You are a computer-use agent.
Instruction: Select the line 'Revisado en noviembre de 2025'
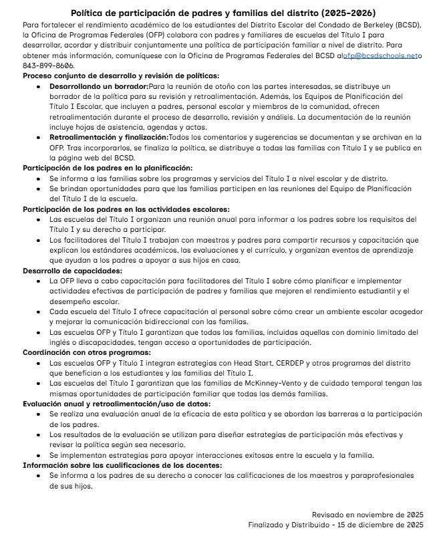[x=367, y=515]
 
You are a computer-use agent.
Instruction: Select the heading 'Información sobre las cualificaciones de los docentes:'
[x=122, y=465]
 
